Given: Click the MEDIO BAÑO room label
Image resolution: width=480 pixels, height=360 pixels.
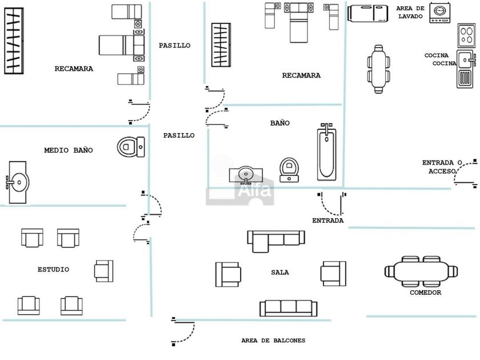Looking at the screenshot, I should [x=68, y=150].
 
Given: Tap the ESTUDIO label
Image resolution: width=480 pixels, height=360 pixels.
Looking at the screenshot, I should [x=53, y=269].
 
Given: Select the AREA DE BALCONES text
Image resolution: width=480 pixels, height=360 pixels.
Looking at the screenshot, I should [x=273, y=341].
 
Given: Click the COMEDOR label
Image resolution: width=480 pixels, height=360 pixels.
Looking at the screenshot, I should [x=425, y=293].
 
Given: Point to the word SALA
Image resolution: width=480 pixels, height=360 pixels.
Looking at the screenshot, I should [x=280, y=273].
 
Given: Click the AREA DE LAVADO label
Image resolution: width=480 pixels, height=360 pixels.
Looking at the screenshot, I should [x=410, y=13].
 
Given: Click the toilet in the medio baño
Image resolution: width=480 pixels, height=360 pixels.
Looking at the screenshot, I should [x=131, y=147].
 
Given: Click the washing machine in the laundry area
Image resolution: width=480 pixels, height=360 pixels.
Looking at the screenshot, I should [x=439, y=12].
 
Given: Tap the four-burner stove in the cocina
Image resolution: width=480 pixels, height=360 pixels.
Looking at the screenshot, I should [x=466, y=37].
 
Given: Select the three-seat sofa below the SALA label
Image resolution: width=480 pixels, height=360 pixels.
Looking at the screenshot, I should [x=288, y=307].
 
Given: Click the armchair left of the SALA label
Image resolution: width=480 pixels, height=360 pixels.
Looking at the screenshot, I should [x=228, y=274].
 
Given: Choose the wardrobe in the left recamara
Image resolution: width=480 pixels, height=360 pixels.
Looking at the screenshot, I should [x=14, y=41].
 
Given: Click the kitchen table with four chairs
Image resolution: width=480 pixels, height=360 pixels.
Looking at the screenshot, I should [x=378, y=69].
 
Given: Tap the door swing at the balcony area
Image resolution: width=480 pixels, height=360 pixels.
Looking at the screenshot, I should [x=184, y=331].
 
